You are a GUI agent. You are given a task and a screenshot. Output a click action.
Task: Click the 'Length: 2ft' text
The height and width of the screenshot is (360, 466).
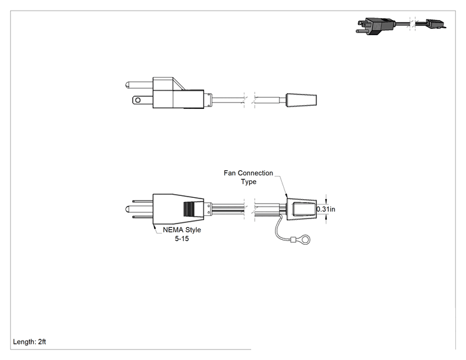(x=29, y=342)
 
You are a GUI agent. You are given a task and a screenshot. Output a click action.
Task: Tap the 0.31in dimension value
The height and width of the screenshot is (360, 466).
(x=326, y=209)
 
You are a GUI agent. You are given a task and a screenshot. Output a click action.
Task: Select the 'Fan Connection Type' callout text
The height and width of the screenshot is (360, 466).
(x=248, y=177)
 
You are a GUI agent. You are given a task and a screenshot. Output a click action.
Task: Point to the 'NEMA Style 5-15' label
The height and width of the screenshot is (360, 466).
(x=182, y=234)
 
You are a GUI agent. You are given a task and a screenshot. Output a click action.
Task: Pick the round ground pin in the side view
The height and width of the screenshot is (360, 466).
(x=139, y=85)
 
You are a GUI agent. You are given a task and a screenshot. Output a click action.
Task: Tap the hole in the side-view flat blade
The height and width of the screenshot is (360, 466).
(x=138, y=100)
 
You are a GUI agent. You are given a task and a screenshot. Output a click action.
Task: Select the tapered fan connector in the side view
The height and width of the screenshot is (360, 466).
(x=301, y=100)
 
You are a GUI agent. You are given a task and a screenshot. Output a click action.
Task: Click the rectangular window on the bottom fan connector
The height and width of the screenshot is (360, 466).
(x=304, y=209)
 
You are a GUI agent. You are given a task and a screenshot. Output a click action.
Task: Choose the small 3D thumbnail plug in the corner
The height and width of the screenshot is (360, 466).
(x=376, y=27)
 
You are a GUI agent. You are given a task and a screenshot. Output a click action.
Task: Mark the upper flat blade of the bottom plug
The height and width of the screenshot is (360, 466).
(x=142, y=201)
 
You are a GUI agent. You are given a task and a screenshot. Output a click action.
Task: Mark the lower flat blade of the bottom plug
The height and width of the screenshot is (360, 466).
(x=142, y=217)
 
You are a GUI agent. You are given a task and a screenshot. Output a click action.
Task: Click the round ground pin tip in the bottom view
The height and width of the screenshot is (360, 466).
(x=128, y=209)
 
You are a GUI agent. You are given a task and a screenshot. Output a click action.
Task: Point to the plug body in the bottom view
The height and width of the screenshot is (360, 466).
(x=178, y=209)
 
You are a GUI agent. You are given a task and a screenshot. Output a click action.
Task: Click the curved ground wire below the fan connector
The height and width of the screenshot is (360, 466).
(x=277, y=229)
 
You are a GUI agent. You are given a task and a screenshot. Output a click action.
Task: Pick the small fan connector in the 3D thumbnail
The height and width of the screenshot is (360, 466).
(x=435, y=24)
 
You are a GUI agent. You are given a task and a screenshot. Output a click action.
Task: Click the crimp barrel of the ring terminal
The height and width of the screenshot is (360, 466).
(x=294, y=239)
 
